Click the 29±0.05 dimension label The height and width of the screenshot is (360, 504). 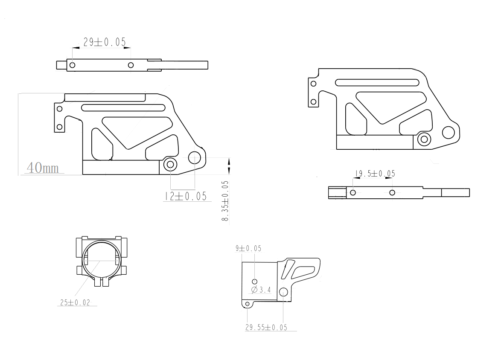point(105,42)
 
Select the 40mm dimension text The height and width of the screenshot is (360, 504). point(43,168)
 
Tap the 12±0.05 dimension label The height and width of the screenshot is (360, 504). point(186,196)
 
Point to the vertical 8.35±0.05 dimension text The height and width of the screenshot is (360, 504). point(225,201)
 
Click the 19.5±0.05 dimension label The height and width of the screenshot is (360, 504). point(375,174)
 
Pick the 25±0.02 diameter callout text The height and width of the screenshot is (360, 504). point(75,302)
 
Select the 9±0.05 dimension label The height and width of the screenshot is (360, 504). point(248,248)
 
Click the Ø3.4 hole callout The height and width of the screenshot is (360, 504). point(261,290)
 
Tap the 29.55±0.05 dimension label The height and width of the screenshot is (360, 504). point(266,328)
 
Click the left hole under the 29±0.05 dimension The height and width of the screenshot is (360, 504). point(72,65)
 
